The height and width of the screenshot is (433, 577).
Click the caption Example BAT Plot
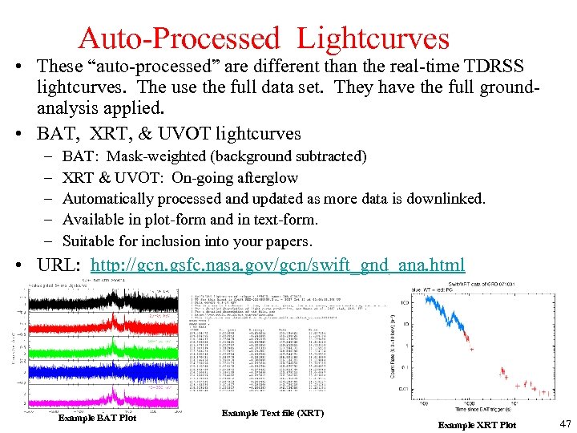coord(97,418)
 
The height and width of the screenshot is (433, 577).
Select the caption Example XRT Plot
coord(477,424)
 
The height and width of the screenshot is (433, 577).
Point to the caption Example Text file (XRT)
coord(272,413)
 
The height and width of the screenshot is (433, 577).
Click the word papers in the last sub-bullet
coord(286,241)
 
